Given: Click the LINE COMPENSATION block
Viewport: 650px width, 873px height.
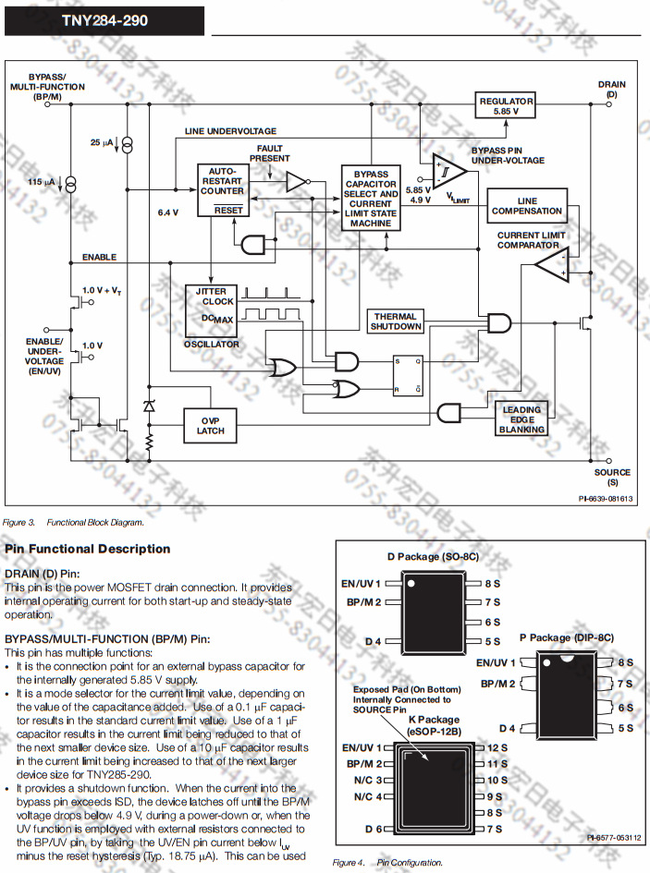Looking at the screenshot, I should [527, 205].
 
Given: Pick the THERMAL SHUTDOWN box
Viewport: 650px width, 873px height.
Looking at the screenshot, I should [396, 321].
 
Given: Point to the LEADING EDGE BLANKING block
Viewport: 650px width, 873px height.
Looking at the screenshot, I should [522, 419].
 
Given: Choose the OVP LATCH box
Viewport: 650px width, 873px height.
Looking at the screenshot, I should [210, 425].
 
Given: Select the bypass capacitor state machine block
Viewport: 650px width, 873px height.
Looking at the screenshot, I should [371, 198].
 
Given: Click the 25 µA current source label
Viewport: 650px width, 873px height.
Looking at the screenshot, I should [101, 143].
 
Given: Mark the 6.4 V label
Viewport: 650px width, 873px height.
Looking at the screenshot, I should [167, 212].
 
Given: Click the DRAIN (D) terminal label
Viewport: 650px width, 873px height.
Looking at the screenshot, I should [611, 89].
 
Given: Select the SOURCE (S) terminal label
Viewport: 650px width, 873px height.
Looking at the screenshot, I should [612, 477].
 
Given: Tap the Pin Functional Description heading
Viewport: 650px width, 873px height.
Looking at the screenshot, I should [88, 549].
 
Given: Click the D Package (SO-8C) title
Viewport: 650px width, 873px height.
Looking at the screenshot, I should [433, 557].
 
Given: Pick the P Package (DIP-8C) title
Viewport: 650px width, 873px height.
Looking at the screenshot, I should [566, 637].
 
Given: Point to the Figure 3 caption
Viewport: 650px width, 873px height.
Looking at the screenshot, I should [75, 522].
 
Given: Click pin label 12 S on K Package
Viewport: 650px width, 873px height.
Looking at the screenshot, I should [497, 746].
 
